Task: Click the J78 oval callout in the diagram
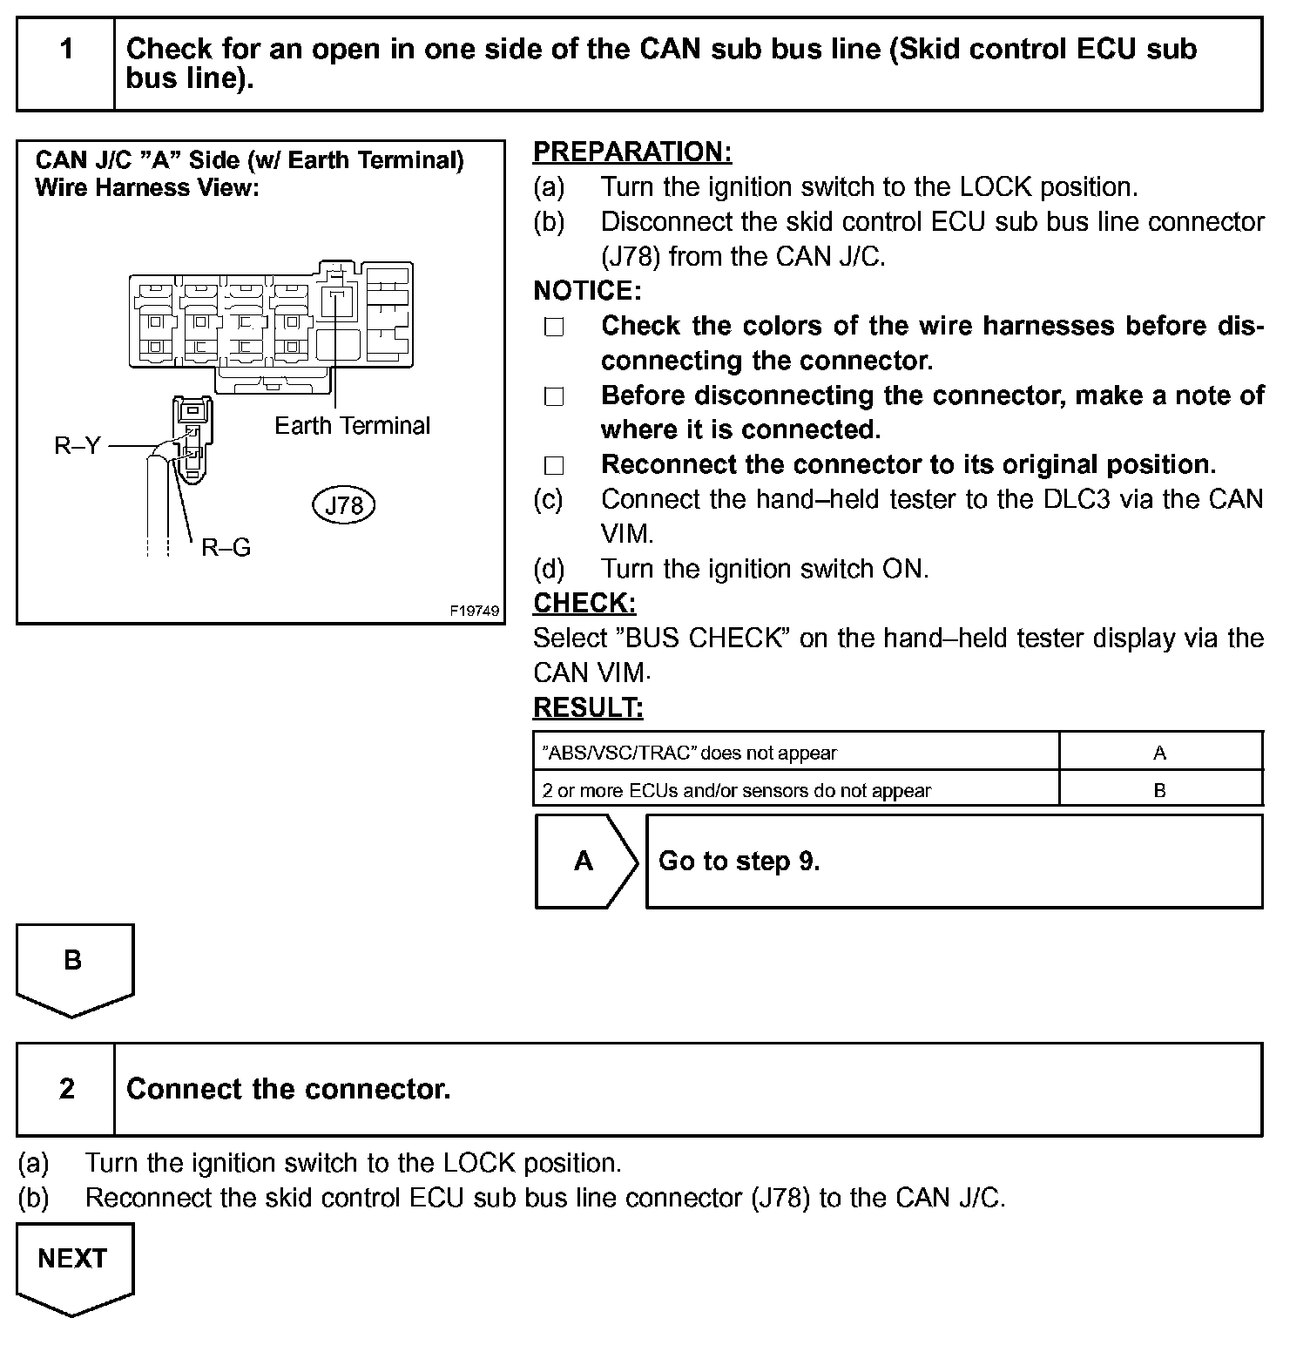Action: pos(343,505)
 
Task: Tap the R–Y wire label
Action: pos(78,446)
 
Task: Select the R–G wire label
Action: pos(226,547)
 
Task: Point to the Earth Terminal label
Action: pos(352,425)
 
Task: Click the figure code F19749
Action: pos(475,611)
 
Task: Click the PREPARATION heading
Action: pos(632,152)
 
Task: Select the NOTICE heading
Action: pos(587,290)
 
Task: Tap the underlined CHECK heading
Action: pos(584,603)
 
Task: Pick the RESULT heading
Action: pos(588,707)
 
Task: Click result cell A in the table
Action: pos(1159,753)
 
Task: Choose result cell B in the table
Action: pos(1159,790)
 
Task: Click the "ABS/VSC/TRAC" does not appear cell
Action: pos(795,753)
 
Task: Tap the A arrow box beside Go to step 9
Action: pos(584,862)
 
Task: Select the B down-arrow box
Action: pos(74,967)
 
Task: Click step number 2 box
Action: pos(66,1089)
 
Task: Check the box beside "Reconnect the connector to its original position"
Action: pos(554,465)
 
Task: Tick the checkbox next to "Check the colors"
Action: pos(554,327)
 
